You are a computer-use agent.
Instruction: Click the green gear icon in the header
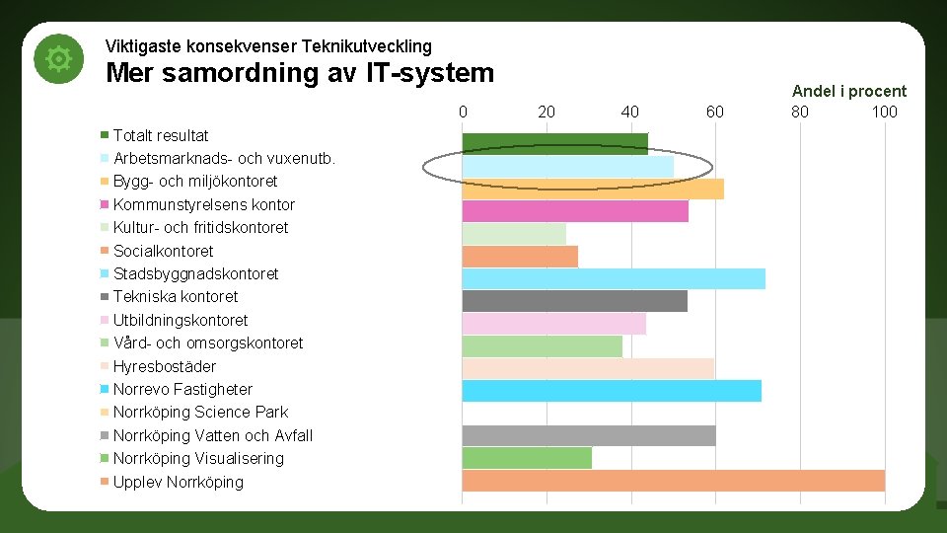point(59,59)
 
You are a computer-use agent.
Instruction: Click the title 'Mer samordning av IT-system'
point(299,73)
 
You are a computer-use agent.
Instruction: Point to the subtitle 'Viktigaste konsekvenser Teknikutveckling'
point(267,46)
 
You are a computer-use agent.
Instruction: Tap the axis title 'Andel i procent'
point(848,91)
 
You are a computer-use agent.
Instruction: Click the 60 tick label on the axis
point(714,112)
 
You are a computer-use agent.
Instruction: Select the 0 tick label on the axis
point(463,112)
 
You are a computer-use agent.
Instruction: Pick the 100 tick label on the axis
point(884,112)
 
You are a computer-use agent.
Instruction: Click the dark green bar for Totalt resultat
point(554,143)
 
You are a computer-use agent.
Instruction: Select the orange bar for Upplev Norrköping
point(673,481)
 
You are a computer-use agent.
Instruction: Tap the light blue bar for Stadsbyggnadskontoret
point(613,278)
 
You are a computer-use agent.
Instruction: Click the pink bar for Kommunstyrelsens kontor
point(574,210)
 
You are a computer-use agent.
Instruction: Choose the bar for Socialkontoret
point(520,256)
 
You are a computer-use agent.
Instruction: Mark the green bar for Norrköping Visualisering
point(527,458)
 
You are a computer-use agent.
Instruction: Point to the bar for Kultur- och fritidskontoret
point(514,234)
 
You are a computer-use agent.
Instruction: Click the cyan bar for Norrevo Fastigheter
point(611,391)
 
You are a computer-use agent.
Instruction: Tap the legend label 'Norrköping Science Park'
point(200,412)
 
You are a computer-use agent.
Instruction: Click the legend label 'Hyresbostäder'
point(164,366)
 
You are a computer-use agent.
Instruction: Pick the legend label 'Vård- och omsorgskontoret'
point(207,343)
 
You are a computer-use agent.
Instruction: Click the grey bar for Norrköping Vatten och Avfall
point(588,435)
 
